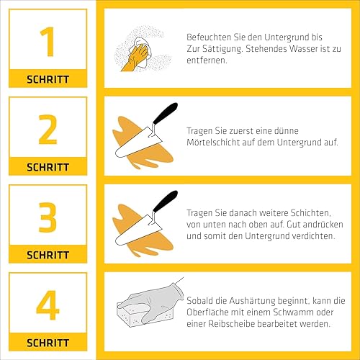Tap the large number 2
[x=48, y=130]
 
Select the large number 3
[x=48, y=217]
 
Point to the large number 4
[x=48, y=305]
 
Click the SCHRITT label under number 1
[x=48, y=79]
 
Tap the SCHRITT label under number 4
[x=48, y=343]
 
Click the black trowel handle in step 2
[x=165, y=113]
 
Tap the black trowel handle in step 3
[x=165, y=201]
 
